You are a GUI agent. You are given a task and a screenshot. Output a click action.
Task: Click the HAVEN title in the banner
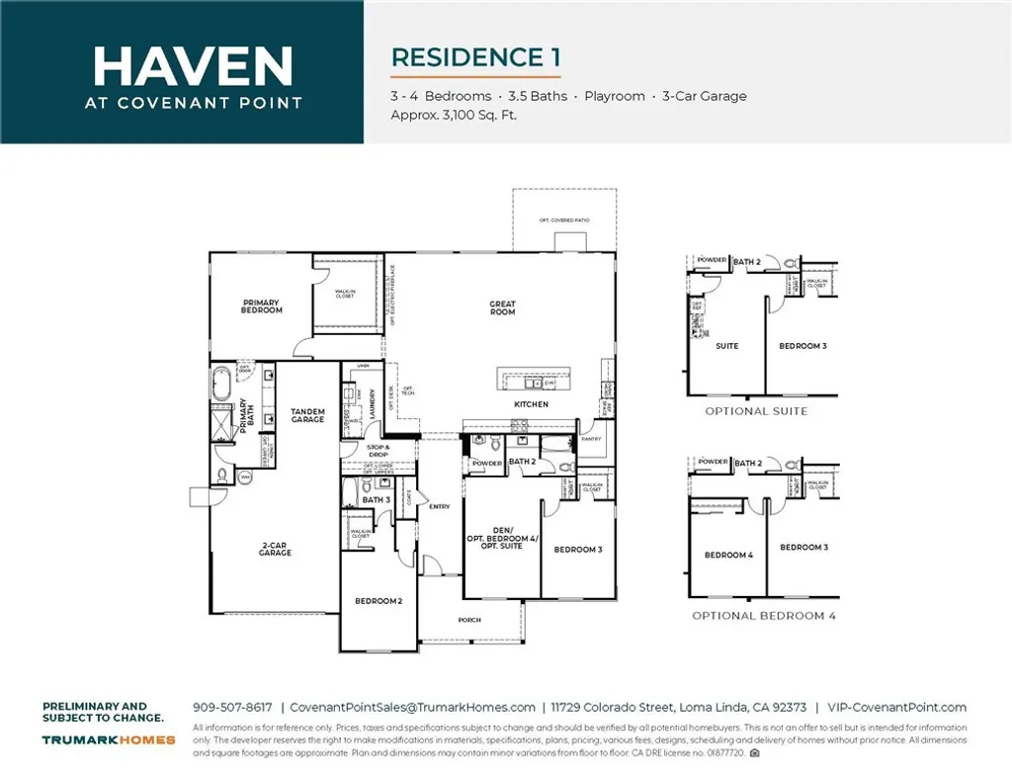click(193, 65)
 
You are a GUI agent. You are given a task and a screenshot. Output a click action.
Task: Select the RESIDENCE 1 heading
click(475, 57)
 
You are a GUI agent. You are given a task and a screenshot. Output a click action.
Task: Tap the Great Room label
click(502, 308)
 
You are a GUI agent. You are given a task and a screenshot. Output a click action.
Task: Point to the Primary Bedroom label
click(262, 306)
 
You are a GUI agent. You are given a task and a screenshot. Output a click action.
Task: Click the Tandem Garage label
click(307, 415)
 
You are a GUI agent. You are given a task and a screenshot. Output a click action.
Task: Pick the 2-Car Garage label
click(275, 550)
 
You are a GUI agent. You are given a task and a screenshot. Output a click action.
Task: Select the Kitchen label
click(531, 404)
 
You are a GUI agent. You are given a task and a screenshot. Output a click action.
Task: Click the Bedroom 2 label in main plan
click(379, 601)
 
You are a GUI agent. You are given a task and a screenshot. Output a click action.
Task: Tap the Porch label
click(469, 620)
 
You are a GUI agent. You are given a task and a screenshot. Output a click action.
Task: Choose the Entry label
click(440, 507)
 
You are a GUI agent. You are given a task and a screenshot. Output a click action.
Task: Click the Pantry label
click(591, 437)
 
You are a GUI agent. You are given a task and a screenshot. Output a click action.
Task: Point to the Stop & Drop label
click(379, 450)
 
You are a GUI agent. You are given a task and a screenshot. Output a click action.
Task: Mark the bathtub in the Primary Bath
click(220, 383)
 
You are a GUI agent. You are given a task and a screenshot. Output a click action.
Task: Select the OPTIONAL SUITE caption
click(755, 411)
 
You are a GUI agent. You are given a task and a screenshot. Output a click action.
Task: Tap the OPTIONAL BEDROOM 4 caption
click(763, 616)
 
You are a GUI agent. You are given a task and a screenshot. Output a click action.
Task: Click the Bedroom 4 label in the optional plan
click(728, 555)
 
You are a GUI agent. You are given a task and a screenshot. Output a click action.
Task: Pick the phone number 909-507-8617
click(232, 707)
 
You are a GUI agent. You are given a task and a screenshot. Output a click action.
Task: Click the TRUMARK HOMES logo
click(109, 739)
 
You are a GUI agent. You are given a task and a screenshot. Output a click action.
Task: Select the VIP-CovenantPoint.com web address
click(897, 707)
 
